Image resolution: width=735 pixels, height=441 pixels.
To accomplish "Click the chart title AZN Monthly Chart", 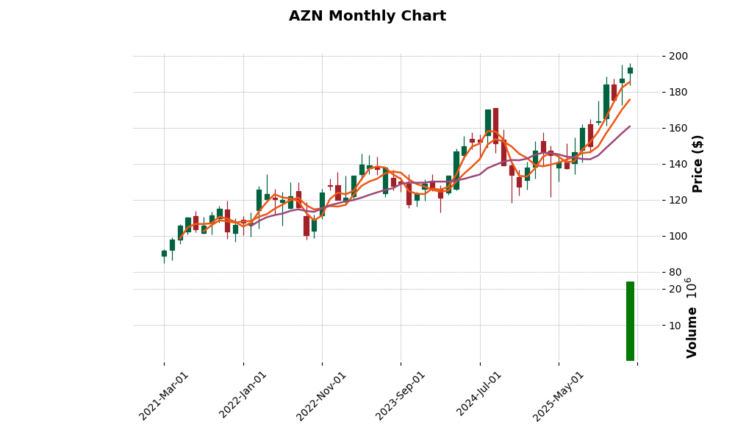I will tap(367, 16).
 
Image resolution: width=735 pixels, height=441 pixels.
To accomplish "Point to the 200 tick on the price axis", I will tap(678, 56).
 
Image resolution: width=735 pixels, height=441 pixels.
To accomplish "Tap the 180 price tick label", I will tap(678, 92).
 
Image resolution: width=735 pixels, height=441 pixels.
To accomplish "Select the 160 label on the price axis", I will tap(678, 128).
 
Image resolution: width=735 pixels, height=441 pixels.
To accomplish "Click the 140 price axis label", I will tap(678, 164).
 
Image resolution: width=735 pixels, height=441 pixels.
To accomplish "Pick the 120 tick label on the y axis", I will tap(678, 200).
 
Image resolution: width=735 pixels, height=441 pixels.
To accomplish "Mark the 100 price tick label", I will tap(678, 236).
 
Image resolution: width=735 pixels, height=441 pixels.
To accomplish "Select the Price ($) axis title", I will tap(698, 163).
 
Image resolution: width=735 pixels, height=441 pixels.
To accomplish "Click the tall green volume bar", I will tap(630, 321).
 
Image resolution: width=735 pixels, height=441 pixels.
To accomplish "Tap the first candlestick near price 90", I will tap(164, 254).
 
